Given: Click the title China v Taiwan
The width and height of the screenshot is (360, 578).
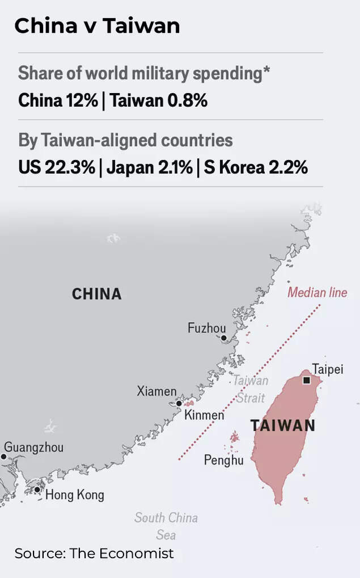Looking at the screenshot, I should [x=97, y=26].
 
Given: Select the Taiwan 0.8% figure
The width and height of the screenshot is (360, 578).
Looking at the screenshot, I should [x=159, y=101].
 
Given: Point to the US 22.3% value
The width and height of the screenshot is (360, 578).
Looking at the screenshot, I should [x=56, y=167].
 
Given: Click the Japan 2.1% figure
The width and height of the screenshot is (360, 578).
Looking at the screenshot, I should [x=149, y=167].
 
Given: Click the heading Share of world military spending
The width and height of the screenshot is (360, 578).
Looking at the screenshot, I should [x=143, y=74].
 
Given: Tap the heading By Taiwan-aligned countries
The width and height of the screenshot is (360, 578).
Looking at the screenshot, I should [x=125, y=140].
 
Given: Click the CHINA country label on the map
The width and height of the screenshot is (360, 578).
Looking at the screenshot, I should [x=97, y=294].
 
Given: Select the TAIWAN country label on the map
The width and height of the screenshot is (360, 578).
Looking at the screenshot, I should [x=283, y=425].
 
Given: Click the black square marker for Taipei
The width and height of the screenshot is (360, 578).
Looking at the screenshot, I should [x=307, y=380].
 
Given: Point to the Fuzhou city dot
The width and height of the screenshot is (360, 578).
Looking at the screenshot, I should [x=224, y=338].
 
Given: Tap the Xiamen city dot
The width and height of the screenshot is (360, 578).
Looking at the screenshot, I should [x=179, y=403].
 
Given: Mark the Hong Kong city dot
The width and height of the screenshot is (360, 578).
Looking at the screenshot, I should [x=37, y=490].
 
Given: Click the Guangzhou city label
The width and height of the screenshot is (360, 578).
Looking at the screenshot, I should [x=34, y=447].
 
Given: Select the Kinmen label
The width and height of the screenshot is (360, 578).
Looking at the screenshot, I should [x=204, y=415].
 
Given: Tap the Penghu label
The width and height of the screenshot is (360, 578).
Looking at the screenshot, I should [x=224, y=460].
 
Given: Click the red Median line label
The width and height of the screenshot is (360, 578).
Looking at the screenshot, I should [x=317, y=293].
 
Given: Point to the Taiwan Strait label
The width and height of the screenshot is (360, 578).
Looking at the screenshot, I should [x=251, y=389].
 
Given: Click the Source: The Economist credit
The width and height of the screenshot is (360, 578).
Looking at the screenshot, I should [x=94, y=554].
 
